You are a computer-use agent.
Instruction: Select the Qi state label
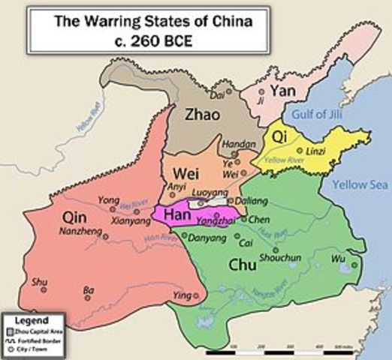coord(279,137)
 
